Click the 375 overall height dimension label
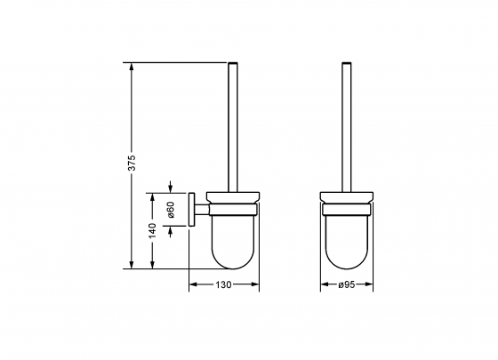(x=132, y=164)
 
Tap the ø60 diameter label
(x=170, y=210)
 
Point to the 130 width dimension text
(x=223, y=285)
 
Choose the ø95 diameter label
(x=347, y=285)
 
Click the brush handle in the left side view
(x=234, y=124)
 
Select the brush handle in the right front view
(x=347, y=124)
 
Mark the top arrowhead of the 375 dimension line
(x=132, y=65)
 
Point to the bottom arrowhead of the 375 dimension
(x=132, y=265)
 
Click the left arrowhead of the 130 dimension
(x=192, y=285)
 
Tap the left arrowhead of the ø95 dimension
(x=323, y=285)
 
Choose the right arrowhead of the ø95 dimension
(x=371, y=285)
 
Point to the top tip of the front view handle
(x=347, y=63)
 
